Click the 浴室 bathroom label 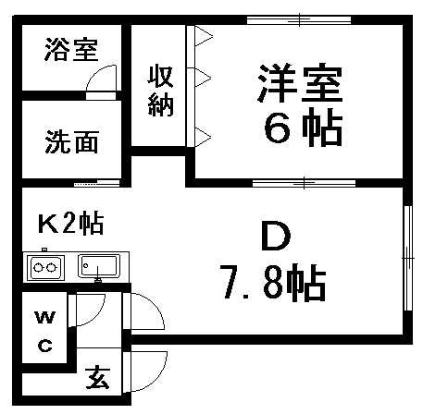click(x=72, y=50)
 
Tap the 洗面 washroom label click(x=72, y=142)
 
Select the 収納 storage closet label click(x=160, y=91)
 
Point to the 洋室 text click(x=300, y=83)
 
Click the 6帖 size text click(x=304, y=127)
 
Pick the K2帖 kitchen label click(x=70, y=225)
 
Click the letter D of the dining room click(x=276, y=236)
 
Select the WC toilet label click(x=45, y=332)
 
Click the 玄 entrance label click(x=97, y=377)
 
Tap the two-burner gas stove click(x=46, y=267)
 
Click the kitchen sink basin click(x=99, y=265)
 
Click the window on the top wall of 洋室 click(x=299, y=20)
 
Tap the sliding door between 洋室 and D click(x=304, y=183)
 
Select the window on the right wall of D click(x=408, y=258)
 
